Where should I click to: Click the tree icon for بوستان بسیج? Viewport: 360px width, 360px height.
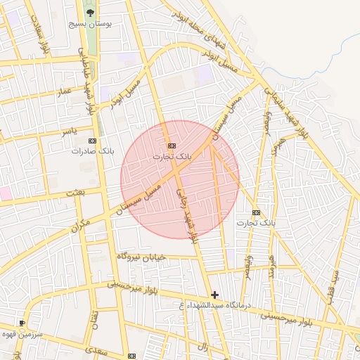(89, 12)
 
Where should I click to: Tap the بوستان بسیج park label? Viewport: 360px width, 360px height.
(90, 23)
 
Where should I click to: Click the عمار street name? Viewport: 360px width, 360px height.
(65, 91)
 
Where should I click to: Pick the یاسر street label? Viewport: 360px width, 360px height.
(68, 131)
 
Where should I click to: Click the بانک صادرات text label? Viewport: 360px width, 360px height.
(92, 151)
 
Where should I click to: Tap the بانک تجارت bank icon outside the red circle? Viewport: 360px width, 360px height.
(256, 212)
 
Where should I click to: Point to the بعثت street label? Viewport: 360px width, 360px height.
(75, 192)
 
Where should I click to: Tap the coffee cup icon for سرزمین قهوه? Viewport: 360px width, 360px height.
(22, 323)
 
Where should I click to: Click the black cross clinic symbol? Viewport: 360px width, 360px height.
(214, 295)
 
